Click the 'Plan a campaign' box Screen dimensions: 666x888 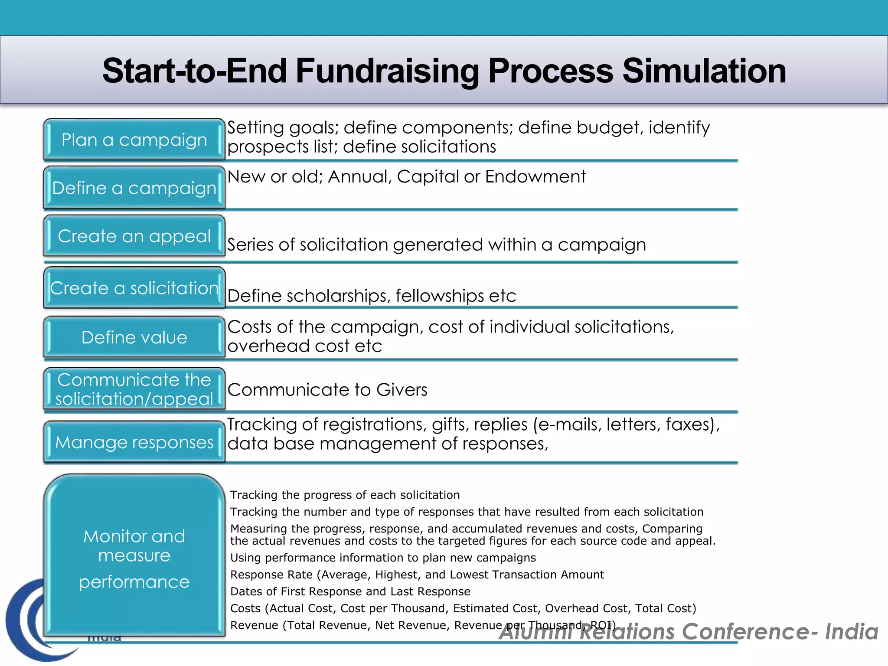pyautogui.click(x=134, y=140)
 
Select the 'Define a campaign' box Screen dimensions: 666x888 pyautogui.click(x=134, y=188)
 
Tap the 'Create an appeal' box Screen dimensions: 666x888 pyautogui.click(x=134, y=236)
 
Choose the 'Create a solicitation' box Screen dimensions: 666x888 pyautogui.click(x=134, y=288)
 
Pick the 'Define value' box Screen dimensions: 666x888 pyautogui.click(x=134, y=337)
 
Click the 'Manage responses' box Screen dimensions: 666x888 pyautogui.click(x=134, y=442)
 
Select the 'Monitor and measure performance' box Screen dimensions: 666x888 pyautogui.click(x=134, y=557)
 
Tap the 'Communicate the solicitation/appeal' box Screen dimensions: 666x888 pyautogui.click(x=134, y=389)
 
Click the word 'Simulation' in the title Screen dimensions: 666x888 pyautogui.click(x=704, y=71)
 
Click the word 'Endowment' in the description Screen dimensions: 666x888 pyautogui.click(x=535, y=176)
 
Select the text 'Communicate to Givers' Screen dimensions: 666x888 pyautogui.click(x=327, y=390)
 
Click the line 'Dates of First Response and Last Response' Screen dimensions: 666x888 pyautogui.click(x=350, y=591)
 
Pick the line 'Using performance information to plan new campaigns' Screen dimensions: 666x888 pyautogui.click(x=383, y=558)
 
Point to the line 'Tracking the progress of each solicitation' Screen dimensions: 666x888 pyautogui.click(x=345, y=495)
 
